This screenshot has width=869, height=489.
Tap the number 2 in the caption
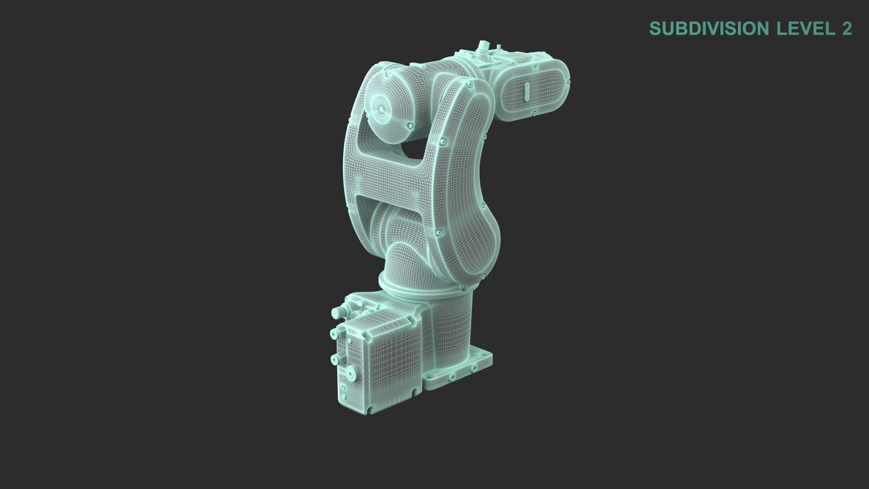(846, 29)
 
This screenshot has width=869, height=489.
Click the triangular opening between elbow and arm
(414, 151)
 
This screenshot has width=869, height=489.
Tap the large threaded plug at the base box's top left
(337, 313)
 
